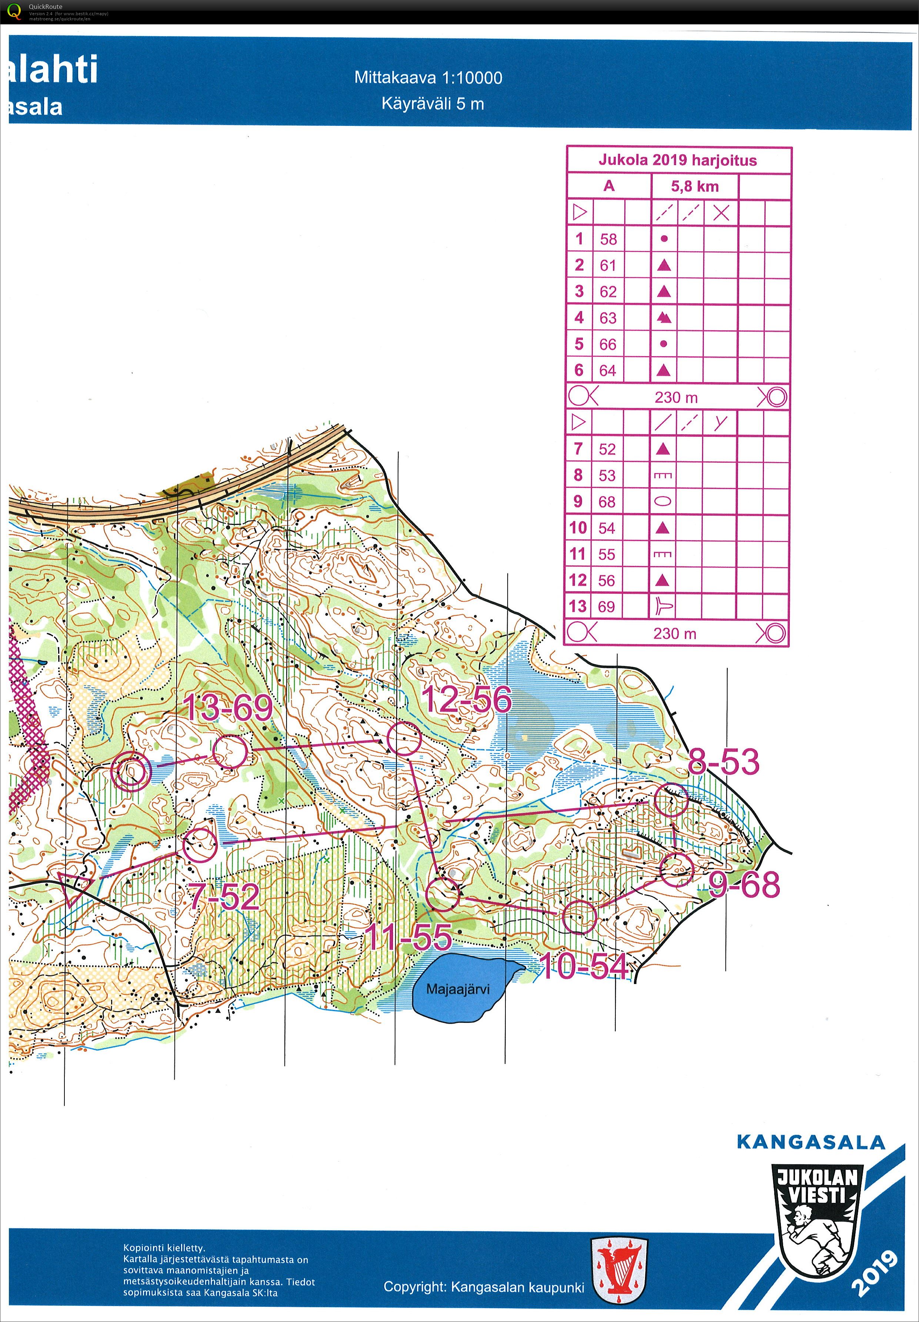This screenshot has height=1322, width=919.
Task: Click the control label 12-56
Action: click(x=467, y=700)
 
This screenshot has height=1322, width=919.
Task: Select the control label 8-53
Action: click(x=724, y=762)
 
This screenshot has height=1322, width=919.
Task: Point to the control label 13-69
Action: click(x=227, y=707)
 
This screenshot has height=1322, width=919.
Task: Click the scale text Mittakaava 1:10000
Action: click(x=428, y=78)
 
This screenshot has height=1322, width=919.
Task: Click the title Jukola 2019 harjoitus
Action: click(x=678, y=160)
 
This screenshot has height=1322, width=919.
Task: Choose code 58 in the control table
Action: click(x=608, y=239)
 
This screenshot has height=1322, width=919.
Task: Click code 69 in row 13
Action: click(x=606, y=606)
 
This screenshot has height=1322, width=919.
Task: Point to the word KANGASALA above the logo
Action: click(x=810, y=1142)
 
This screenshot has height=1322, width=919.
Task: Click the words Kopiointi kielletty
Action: click(x=164, y=1248)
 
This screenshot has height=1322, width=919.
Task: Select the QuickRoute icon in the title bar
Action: click(x=14, y=11)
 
